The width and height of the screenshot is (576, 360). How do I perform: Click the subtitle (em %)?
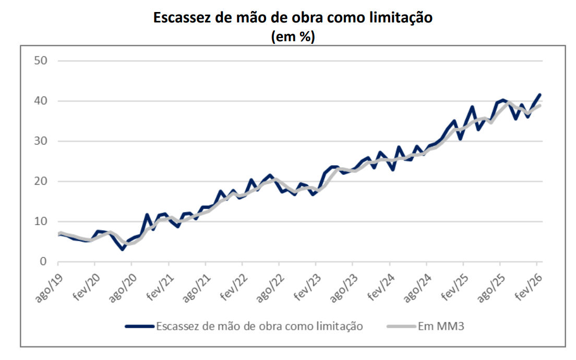pos(293,37)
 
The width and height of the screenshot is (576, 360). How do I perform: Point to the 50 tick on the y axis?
pos(41,61)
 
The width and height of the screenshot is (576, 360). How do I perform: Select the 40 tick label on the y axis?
pos(41,101)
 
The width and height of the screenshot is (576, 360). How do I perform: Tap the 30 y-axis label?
pos(41,141)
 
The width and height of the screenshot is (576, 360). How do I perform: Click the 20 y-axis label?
pos(41,181)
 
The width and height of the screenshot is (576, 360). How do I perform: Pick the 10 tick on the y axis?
pos(41,221)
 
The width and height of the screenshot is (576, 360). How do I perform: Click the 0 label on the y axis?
pos(44,261)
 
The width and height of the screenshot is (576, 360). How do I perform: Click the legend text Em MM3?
pos(441,327)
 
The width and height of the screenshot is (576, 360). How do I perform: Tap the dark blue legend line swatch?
pos(140,327)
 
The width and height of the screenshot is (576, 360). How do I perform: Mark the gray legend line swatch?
pos(401,327)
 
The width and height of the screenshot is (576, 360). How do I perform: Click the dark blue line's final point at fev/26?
pos(539,95)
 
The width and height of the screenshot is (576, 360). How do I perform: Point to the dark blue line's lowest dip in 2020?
pos(123,249)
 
